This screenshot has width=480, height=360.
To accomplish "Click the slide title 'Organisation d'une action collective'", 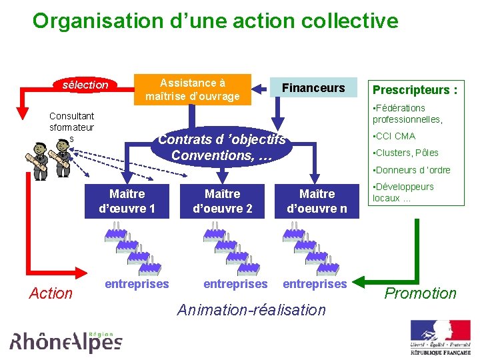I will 215,21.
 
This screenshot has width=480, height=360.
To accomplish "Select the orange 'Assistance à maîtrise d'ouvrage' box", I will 193,90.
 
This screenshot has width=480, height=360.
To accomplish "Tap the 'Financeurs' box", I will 313,88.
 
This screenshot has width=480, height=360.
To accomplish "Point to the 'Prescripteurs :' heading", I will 415,90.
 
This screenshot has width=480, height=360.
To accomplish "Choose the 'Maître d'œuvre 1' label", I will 127,201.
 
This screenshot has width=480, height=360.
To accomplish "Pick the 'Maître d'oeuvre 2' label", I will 222,201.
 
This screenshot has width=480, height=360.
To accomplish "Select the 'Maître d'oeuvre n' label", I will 317,201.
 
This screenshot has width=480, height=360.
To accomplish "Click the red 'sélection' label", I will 85,85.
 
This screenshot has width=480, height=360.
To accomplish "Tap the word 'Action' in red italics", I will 51,293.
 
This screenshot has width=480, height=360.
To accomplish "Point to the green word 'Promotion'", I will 421,293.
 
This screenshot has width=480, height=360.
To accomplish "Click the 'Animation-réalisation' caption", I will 251,310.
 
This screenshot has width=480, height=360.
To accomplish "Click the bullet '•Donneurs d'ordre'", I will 411,170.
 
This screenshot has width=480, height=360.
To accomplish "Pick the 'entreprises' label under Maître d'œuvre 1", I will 137,284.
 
